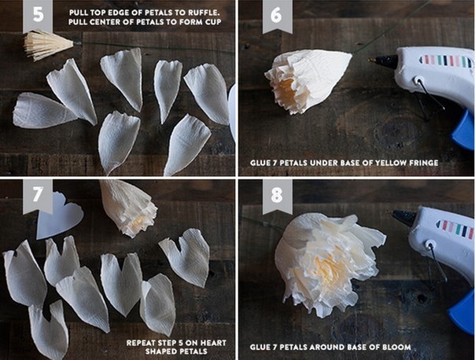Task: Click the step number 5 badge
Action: [38, 15]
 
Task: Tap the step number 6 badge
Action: [277, 16]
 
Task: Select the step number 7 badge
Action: [38, 195]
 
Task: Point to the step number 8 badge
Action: [277, 196]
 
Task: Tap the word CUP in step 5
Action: [214, 22]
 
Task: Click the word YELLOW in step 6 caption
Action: [390, 163]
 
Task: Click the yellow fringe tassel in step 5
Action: [48, 46]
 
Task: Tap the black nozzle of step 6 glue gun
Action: [383, 61]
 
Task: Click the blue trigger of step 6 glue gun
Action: [463, 130]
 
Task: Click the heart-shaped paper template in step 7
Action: [60, 215]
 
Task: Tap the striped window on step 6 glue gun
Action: [446, 61]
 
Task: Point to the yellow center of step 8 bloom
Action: [327, 266]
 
